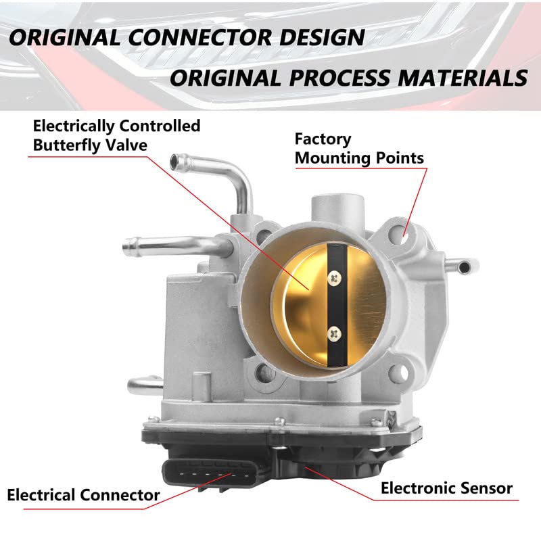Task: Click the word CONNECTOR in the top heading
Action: (x=199, y=37)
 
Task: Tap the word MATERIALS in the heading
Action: (x=463, y=78)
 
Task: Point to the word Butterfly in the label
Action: (x=66, y=145)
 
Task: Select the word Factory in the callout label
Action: (x=323, y=140)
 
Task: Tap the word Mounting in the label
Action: (x=333, y=158)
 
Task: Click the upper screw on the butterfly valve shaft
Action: (x=334, y=278)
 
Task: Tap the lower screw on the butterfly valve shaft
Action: (x=334, y=334)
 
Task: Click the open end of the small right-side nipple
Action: (x=465, y=267)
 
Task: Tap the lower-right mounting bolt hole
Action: (x=398, y=373)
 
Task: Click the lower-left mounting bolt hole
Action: (x=265, y=373)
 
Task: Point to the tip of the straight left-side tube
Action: (x=126, y=245)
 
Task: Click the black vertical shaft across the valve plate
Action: (x=337, y=305)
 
